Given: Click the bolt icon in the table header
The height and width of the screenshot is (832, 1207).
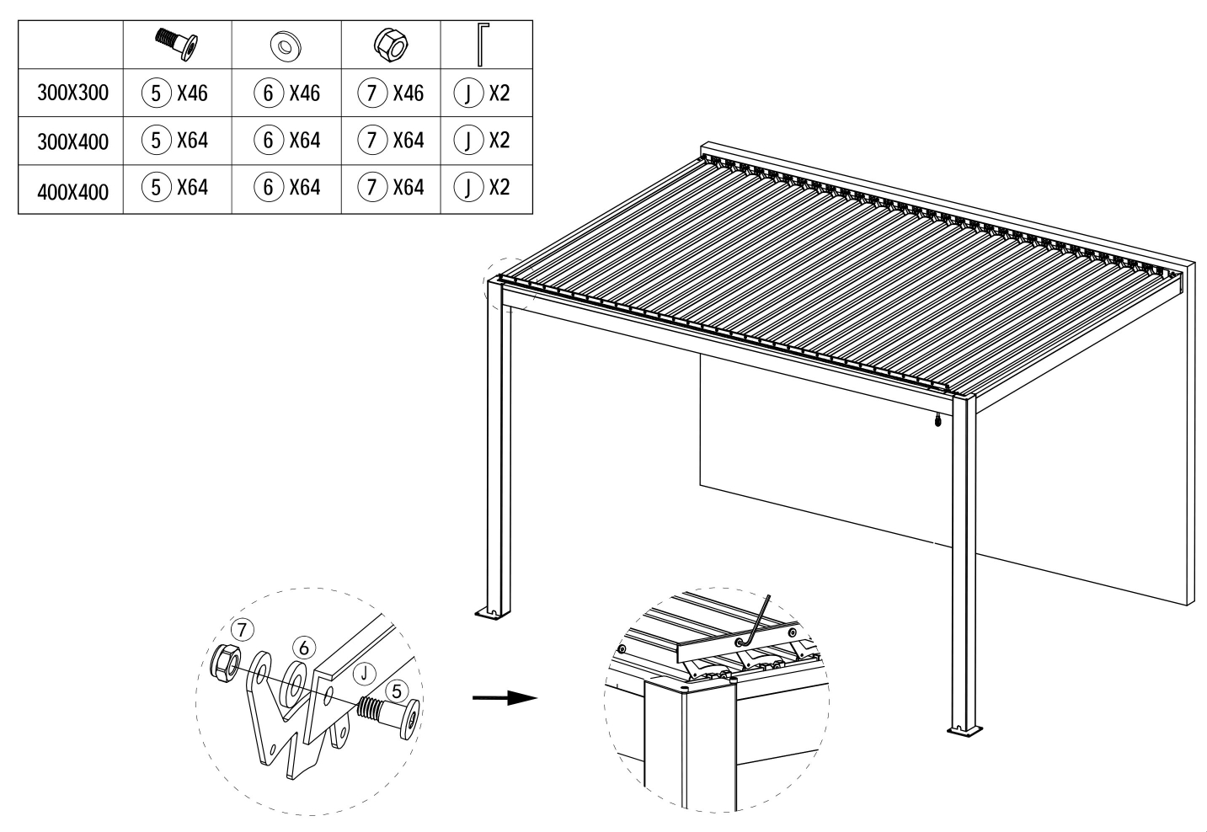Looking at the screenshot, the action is click(176, 44).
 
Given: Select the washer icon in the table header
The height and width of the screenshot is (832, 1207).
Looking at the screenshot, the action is click(286, 47).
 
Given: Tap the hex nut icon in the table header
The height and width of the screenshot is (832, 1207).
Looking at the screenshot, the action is click(391, 45).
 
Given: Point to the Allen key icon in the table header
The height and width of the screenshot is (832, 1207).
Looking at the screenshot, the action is click(483, 44).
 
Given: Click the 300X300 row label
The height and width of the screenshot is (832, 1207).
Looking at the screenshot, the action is click(72, 93).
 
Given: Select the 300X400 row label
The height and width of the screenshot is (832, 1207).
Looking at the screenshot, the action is click(72, 141).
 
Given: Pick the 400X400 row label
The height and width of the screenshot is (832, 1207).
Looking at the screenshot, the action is click(72, 192).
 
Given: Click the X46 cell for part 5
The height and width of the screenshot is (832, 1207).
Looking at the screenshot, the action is click(174, 93).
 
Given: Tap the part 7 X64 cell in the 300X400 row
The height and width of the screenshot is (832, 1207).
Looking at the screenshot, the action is click(391, 140).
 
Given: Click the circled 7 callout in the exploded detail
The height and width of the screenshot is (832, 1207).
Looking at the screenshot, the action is click(242, 629).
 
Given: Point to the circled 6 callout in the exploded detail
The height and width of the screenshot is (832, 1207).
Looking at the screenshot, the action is click(304, 648).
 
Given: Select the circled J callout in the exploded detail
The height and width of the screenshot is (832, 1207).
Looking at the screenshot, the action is click(364, 673).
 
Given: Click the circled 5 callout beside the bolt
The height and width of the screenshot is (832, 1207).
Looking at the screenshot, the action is click(397, 691).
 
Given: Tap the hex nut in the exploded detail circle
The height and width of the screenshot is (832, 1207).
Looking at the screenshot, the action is click(225, 664).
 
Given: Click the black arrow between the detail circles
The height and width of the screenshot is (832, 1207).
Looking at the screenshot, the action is click(505, 698).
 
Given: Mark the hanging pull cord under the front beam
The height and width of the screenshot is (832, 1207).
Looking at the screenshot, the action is click(938, 419).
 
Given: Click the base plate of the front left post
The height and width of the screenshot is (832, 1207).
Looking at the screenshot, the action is click(492, 613).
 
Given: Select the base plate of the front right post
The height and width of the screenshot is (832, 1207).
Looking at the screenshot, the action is click(964, 731).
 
